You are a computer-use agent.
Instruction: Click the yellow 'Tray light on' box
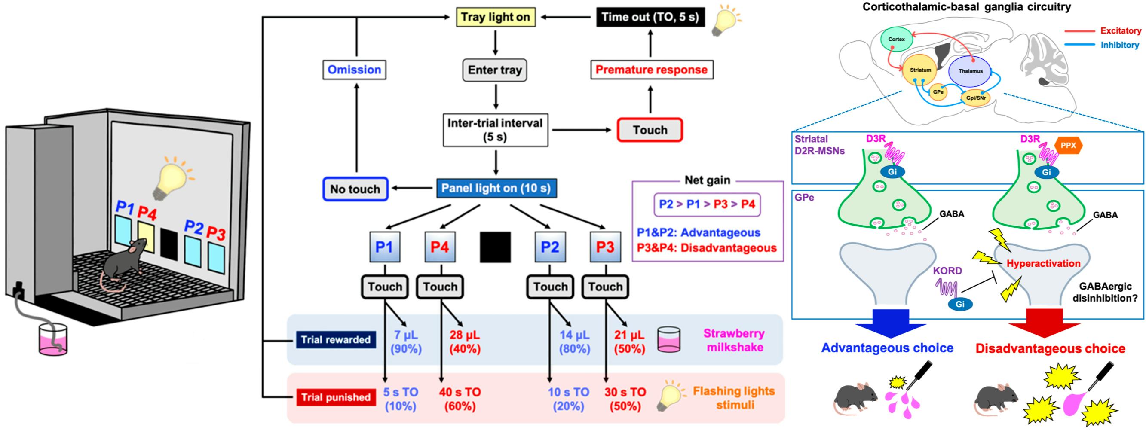coord(496,17)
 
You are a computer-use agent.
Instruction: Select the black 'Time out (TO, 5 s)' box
coord(650,17)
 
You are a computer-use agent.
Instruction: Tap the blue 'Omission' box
coord(354,70)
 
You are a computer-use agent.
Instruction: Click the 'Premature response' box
coord(651,70)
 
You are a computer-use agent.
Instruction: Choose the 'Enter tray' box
coord(495,70)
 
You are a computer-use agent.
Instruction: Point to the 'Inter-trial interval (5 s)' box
coord(495,130)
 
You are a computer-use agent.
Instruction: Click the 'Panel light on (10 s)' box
coord(496,189)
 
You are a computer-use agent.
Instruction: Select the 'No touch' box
coord(355,189)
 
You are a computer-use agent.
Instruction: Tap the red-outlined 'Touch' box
coord(650,130)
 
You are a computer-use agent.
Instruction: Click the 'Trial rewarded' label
coord(335,340)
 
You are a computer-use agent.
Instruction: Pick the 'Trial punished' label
coord(335,397)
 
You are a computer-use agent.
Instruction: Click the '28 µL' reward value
coord(464,335)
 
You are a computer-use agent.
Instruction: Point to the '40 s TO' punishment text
coord(460,392)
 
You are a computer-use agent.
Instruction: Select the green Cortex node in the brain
coord(896,39)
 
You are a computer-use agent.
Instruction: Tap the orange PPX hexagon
coord(1068,145)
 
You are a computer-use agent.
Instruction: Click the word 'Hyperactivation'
coord(1043,264)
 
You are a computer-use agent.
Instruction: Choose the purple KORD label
coord(947,271)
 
